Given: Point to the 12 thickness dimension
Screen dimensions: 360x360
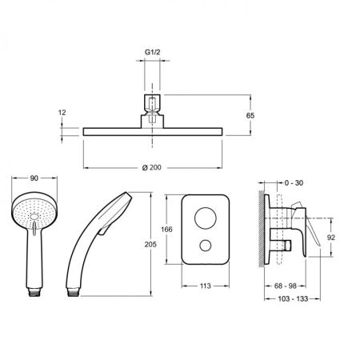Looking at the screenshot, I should pyautogui.click(x=62, y=114).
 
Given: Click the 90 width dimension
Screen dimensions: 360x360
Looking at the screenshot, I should pyautogui.click(x=33, y=180).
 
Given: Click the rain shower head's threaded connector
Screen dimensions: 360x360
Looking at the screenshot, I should pyautogui.click(x=151, y=105).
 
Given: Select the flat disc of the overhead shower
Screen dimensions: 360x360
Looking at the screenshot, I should pyautogui.click(x=152, y=130).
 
